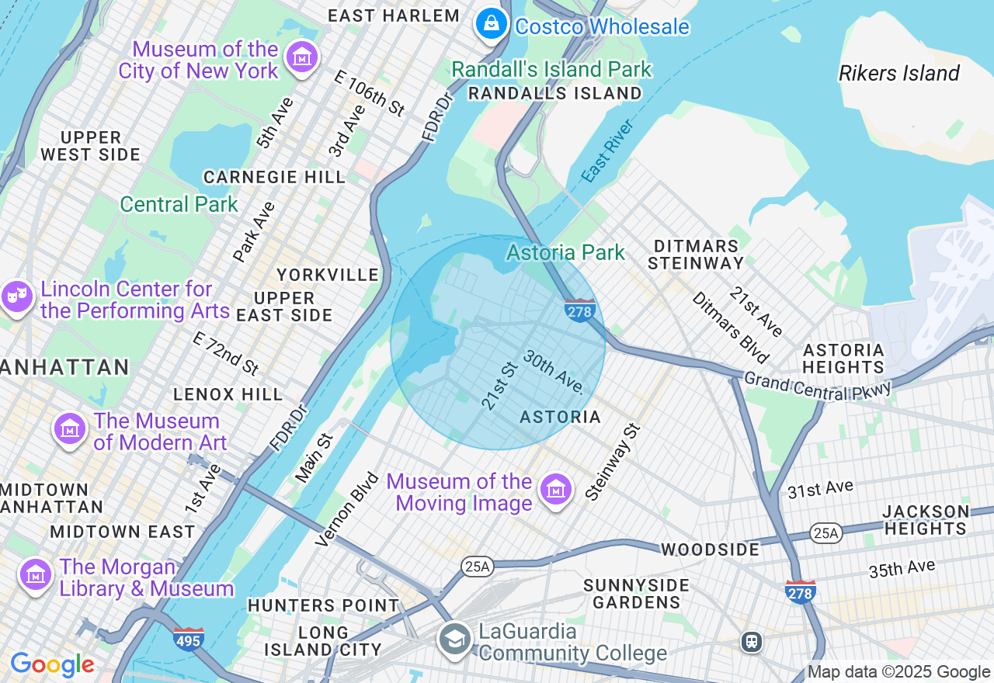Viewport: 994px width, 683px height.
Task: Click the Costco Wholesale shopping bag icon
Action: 492,24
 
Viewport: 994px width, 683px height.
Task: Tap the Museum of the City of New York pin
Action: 301,57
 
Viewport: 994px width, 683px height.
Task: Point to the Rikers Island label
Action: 898,74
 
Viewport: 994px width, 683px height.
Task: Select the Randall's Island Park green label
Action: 551,69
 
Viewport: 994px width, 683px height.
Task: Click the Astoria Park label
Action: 565,252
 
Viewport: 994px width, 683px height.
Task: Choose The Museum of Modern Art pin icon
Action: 69,429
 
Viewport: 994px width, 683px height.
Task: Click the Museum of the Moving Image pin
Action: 555,491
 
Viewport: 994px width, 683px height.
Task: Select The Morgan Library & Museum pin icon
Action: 35,575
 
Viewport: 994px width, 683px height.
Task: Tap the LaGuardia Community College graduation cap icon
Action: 454,640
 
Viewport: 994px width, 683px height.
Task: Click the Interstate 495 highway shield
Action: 189,639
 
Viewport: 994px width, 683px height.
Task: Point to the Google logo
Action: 52,665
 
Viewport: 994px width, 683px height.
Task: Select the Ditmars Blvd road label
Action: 729,328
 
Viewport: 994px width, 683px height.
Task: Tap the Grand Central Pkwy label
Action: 817,386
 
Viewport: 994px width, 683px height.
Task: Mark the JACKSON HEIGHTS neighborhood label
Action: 925,520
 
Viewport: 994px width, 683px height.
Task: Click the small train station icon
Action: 751,642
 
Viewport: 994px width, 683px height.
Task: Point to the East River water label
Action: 607,151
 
